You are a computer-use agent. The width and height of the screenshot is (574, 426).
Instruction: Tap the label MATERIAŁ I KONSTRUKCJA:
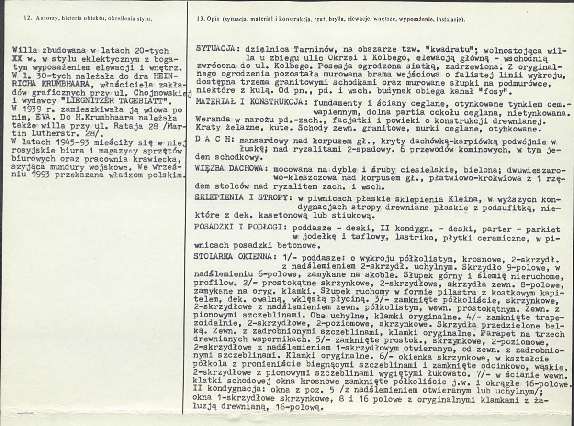click(x=248, y=103)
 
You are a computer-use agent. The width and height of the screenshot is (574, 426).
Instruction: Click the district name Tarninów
click(x=302, y=49)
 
